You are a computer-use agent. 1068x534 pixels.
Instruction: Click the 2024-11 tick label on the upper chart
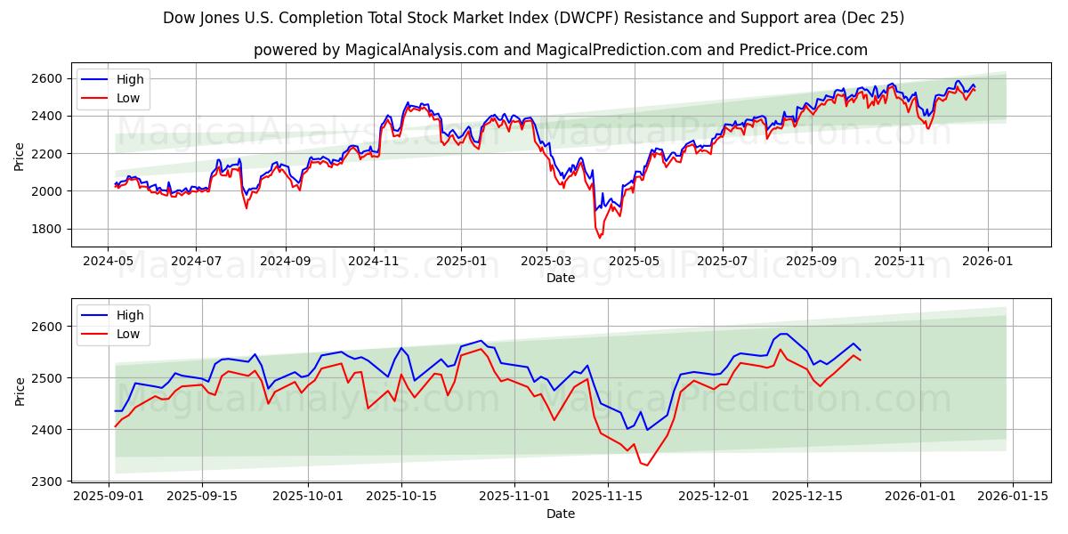coord(373,262)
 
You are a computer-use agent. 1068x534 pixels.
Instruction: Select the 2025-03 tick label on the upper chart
coord(546,262)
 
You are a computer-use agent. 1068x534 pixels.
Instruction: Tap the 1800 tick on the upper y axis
coord(47,229)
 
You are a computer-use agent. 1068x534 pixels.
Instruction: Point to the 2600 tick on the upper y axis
coord(47,79)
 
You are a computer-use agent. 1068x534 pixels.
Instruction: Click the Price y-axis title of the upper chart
coord(20,155)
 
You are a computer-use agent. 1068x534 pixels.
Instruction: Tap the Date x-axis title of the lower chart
coord(561,514)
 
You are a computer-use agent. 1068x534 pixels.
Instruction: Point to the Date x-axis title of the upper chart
coord(561,278)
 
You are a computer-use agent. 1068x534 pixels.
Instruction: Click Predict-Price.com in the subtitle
coord(804,50)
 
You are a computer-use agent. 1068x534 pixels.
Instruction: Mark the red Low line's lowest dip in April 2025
coord(599,238)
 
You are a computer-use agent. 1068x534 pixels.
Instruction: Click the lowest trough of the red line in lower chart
coord(646,465)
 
